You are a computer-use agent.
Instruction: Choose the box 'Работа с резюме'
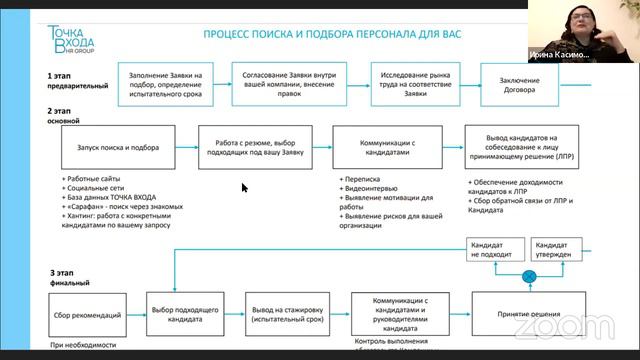pos(255,147)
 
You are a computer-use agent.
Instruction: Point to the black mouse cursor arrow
pos(245,187)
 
